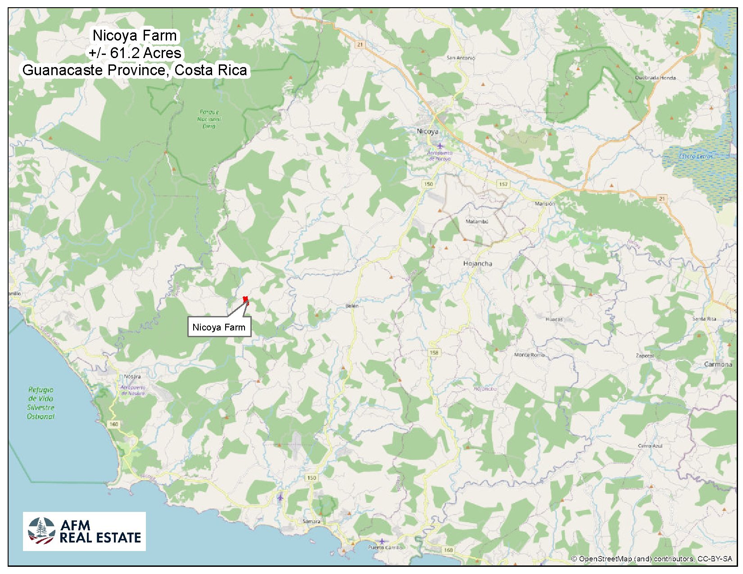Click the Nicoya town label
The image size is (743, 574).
coord(427,131)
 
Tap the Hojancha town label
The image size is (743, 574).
coord(478,263)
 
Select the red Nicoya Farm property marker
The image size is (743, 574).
coord(245,299)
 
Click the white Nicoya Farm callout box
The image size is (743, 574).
coord(219,327)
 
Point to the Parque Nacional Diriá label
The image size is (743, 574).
coord(209,119)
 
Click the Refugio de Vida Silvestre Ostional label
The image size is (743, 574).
coord(41,403)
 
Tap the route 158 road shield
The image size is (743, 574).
coord(434,353)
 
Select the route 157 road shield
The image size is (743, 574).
coord(503,184)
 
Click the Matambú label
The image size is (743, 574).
coord(477,221)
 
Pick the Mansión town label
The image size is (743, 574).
coord(545,204)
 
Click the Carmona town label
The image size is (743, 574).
coord(718,364)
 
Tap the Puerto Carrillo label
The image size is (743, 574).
coord(385,547)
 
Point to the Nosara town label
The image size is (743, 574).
coord(132,376)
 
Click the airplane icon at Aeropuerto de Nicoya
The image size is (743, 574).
coord(440,146)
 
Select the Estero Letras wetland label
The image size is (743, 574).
coord(696,156)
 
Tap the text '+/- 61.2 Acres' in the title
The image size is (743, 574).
coord(135,53)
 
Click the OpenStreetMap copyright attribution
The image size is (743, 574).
coord(652,559)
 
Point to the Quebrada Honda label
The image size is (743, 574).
coord(655,78)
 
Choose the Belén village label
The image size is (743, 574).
coord(352,306)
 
